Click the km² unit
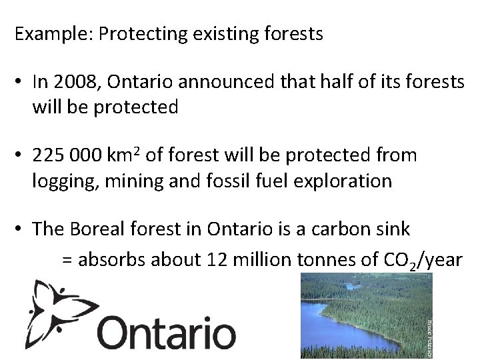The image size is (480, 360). point(123,155)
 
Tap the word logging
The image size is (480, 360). point(61,181)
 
